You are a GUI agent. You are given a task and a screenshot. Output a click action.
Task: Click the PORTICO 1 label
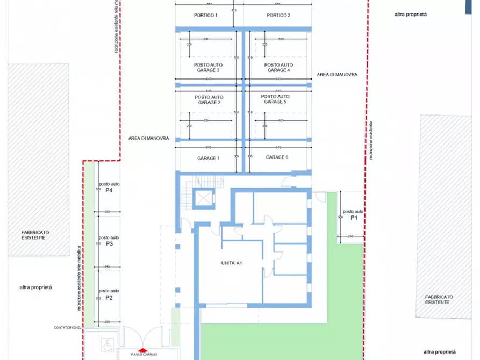tap(205, 15)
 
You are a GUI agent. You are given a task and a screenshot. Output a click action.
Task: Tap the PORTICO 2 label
tap(278, 15)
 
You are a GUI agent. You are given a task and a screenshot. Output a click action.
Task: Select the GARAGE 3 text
tap(209, 70)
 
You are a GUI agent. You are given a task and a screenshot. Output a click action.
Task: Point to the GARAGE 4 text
tap(278, 70)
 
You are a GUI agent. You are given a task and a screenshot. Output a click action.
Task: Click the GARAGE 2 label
tap(209, 102)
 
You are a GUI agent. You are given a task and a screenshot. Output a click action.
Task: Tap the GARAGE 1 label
tap(209, 159)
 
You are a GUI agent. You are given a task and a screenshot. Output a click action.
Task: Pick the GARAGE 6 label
tap(277, 157)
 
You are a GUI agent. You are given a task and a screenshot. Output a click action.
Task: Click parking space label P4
tap(109, 190)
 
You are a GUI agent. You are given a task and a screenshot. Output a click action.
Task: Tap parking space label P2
tap(109, 298)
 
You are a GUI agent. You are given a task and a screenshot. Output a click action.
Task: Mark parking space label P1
tap(354, 218)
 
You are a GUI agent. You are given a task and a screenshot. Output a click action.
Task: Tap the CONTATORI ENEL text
tap(67, 327)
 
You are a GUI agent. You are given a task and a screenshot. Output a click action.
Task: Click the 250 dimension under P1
tap(350, 237)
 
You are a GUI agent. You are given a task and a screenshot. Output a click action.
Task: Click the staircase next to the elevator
tap(204, 182)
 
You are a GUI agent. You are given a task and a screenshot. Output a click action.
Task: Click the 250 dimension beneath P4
tap(107, 211)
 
